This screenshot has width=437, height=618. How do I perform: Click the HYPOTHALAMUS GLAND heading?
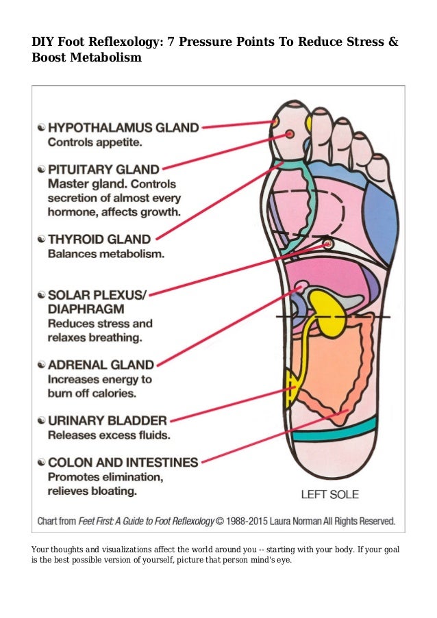coord(123,127)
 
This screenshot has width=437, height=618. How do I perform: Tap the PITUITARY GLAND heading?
coord(103,168)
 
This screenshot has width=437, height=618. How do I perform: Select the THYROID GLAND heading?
coord(99,240)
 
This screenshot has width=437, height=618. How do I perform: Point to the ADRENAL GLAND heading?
coord(101,364)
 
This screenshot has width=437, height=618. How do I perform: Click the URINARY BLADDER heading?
coord(107,420)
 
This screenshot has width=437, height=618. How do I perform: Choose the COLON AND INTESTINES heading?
coord(123,463)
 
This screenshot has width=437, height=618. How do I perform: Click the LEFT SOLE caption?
coord(329,493)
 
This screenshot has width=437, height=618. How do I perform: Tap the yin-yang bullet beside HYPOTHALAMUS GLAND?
coord(41,128)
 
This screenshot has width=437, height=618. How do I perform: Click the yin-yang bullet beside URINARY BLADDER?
coord(41,420)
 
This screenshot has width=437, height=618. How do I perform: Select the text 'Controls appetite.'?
coord(95,143)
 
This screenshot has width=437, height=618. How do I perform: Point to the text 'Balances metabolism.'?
coord(105,255)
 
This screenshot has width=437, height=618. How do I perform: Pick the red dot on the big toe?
coord(290,132)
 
